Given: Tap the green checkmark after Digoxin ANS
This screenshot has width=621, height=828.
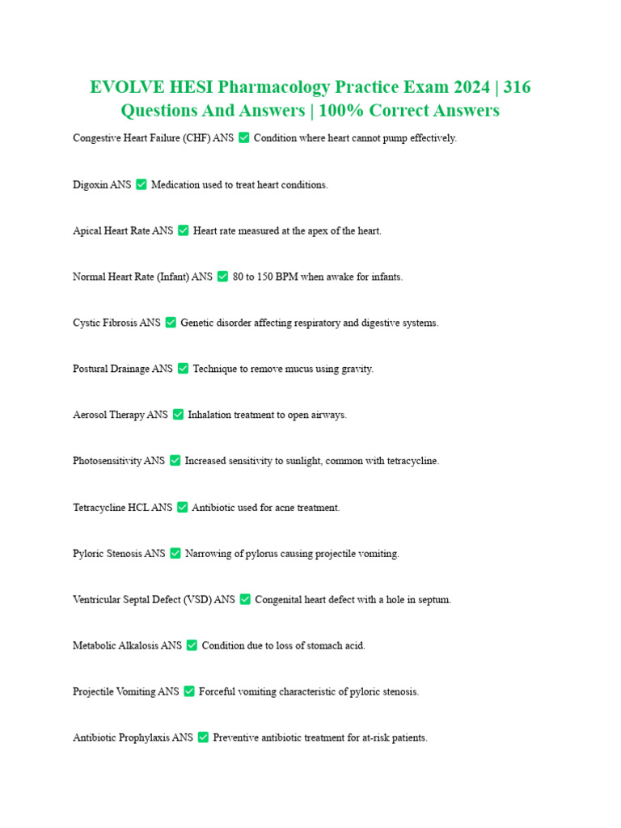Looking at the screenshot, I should coord(142,184).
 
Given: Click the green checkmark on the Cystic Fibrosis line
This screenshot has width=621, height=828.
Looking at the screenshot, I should coord(171,323).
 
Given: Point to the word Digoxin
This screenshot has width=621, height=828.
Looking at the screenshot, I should coord(90,185).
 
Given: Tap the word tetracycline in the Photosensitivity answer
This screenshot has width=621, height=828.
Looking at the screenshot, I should coord(410,461).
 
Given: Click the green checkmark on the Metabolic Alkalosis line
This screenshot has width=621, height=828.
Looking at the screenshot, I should coord(192,645).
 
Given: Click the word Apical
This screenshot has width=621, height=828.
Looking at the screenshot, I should coord(87,231).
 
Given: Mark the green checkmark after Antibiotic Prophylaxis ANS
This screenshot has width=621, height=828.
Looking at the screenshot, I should coord(203,737).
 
